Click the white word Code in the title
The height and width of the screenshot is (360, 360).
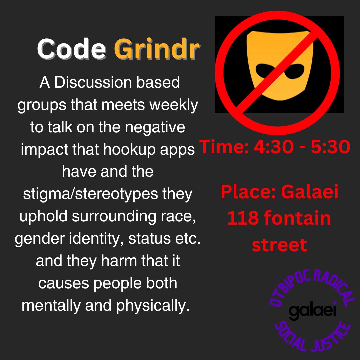coord(71,49)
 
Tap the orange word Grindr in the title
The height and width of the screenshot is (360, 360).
coord(157,48)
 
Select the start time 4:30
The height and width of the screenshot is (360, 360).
coord(273,147)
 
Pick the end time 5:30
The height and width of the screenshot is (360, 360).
coord(330,147)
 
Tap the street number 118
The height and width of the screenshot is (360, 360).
coord(243,218)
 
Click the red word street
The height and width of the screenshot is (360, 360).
coord(279,245)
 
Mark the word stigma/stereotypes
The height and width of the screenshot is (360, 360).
coord(90,195)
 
